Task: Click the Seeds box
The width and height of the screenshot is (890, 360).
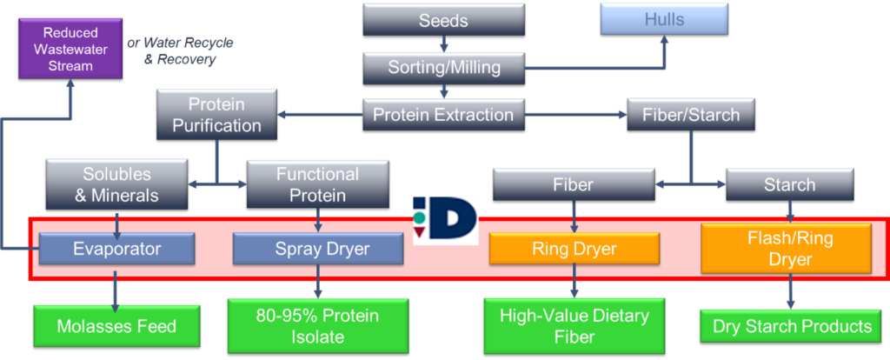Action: [443, 19]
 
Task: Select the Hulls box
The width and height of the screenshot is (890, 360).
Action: [664, 19]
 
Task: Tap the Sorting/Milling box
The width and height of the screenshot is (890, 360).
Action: [443, 65]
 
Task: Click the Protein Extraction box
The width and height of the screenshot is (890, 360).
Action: [443, 114]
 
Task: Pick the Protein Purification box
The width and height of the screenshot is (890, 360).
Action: [216, 115]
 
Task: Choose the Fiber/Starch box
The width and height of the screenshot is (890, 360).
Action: [690, 114]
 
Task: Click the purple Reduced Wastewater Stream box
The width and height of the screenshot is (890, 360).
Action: [70, 50]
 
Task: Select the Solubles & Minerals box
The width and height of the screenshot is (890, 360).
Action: [117, 183]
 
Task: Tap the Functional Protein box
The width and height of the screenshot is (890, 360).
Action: [317, 183]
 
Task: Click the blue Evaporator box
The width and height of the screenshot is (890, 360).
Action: [116, 250]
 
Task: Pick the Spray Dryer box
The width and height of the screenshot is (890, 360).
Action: [317, 250]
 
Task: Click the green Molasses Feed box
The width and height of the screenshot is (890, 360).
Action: [116, 327]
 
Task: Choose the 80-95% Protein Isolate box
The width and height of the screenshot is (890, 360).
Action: [317, 326]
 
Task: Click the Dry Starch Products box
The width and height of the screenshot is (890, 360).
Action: [792, 327]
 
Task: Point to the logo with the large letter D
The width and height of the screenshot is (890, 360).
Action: [445, 220]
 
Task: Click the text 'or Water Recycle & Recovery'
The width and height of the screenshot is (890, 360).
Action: [181, 51]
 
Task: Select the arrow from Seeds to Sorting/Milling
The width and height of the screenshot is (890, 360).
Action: [443, 43]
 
